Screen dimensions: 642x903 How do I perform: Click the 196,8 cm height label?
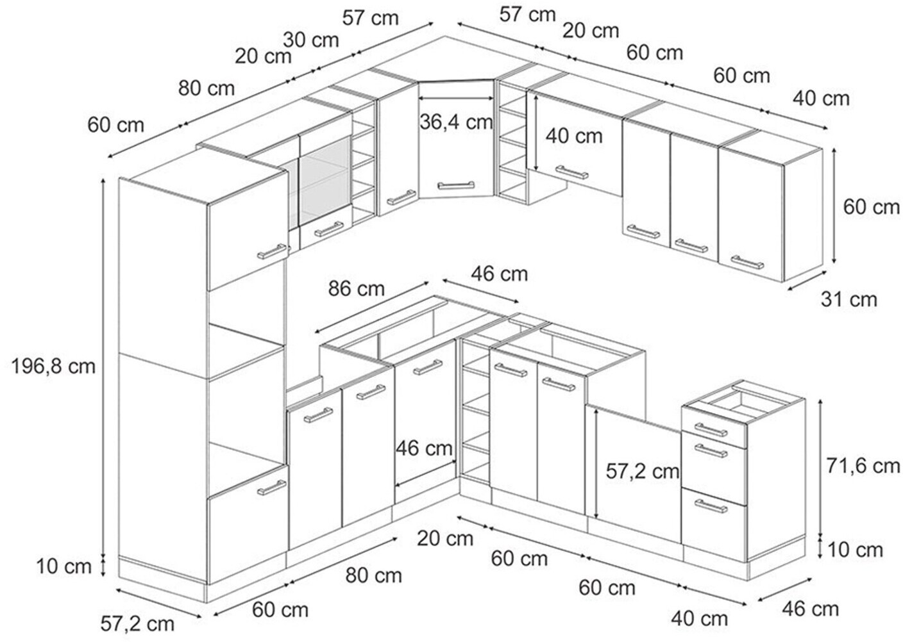pyautogui.click(x=53, y=366)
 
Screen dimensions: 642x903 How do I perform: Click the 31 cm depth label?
pyautogui.click(x=848, y=299)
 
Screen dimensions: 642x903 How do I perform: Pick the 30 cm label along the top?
pyautogui.click(x=311, y=40)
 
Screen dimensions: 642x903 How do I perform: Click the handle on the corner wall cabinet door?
pyautogui.click(x=456, y=186)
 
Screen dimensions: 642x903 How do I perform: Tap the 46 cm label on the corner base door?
pyautogui.click(x=424, y=448)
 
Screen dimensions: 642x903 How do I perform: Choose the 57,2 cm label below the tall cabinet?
pyautogui.click(x=137, y=623)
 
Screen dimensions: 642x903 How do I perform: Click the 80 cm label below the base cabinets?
pyautogui.click(x=374, y=575)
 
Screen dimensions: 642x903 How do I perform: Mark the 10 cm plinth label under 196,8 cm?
pyautogui.click(x=63, y=566)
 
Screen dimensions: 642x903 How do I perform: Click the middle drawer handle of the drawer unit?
pyautogui.click(x=710, y=450)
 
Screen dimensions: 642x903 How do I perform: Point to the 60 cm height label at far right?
pyautogui.click(x=871, y=206)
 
